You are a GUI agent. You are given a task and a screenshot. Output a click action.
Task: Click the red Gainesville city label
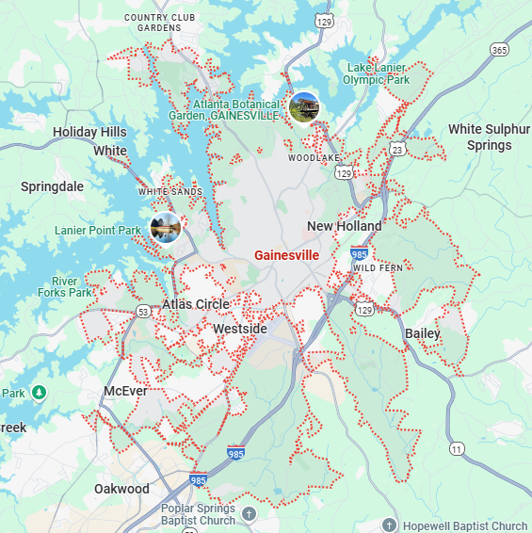[x=286, y=255]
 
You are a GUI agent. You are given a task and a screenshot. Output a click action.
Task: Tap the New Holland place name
[x=345, y=226]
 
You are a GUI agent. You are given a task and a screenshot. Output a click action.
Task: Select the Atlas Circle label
[x=196, y=304]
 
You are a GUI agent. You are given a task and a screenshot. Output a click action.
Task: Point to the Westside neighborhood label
[x=240, y=329]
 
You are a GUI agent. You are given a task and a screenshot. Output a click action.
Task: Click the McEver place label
[x=125, y=391]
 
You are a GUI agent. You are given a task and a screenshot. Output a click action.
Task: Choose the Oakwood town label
[x=121, y=489]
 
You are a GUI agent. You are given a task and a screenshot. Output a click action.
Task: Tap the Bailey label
[x=423, y=333]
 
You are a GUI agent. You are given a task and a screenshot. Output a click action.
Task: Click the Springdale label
[x=52, y=186]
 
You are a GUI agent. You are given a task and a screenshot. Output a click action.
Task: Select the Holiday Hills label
[x=89, y=132]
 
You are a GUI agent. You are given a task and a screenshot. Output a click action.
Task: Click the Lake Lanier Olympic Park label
[x=377, y=73]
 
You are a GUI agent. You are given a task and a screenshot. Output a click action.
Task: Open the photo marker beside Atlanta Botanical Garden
[x=304, y=107]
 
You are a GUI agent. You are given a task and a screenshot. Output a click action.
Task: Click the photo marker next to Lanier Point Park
[x=165, y=227]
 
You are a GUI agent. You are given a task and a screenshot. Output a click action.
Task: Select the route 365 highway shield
[x=499, y=49]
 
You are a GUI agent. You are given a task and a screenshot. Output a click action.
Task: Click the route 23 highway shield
[x=397, y=150]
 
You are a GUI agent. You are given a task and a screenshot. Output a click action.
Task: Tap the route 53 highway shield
[x=143, y=311]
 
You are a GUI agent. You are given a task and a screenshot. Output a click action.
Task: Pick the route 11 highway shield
[x=458, y=448]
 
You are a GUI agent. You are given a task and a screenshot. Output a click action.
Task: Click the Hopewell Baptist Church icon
[x=390, y=525]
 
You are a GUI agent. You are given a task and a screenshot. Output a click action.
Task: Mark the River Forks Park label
[x=73, y=287]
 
